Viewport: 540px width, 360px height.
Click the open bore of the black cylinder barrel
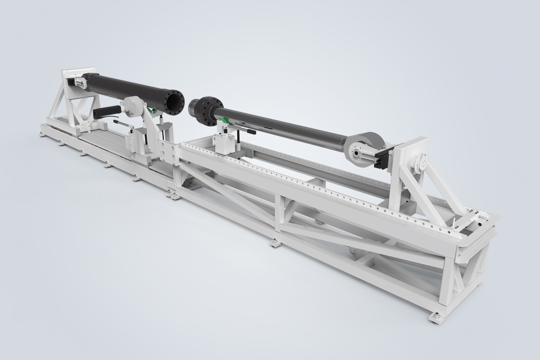tap(174, 101)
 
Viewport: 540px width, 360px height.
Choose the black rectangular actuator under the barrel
tap(105, 112)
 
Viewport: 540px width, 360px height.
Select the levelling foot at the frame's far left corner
tap(43, 134)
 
